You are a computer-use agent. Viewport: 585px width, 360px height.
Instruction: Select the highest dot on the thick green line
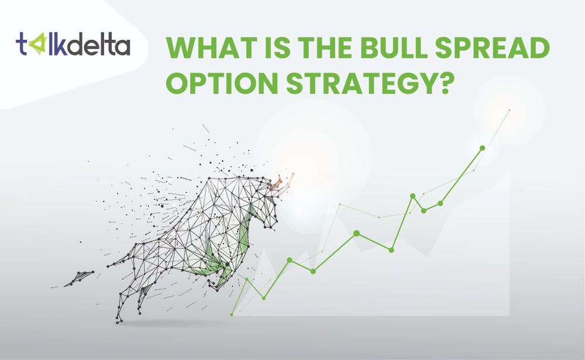tap(482, 148)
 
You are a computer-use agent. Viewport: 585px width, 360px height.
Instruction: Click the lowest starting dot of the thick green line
tap(232, 314)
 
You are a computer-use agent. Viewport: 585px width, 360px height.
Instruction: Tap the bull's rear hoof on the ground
tap(119, 319)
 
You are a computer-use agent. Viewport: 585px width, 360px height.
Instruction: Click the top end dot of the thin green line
tap(510, 109)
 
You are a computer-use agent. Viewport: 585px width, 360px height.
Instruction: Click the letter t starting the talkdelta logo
tap(22, 45)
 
